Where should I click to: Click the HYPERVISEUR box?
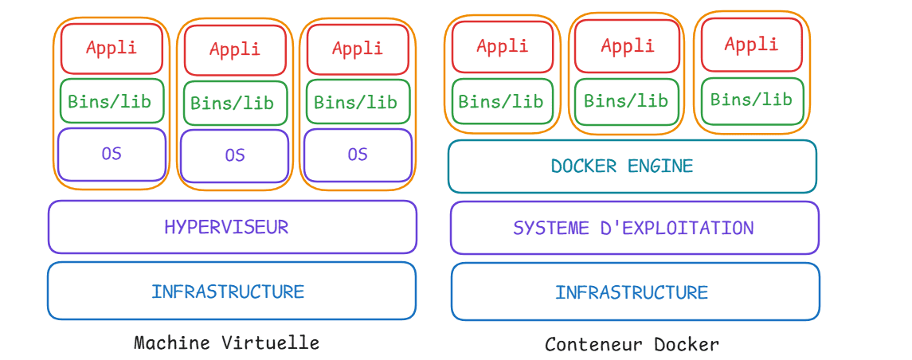[232, 227]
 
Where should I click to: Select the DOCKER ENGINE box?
[632, 166]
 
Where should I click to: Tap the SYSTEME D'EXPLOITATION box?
[634, 229]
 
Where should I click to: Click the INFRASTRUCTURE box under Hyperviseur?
[231, 292]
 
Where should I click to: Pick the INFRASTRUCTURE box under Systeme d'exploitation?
[634, 292]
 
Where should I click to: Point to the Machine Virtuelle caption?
[227, 343]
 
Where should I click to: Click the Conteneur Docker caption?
[632, 345]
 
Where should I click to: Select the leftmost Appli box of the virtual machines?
[112, 48]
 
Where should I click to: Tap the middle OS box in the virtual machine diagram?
[234, 155]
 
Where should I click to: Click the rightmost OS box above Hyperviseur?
[358, 155]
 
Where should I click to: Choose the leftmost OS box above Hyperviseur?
[112, 154]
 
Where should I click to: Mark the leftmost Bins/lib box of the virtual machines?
[112, 101]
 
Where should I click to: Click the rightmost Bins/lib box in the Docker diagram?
[752, 100]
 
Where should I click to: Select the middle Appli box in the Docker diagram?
[628, 47]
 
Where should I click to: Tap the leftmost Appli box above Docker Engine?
[502, 47]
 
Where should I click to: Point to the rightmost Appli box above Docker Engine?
[751, 45]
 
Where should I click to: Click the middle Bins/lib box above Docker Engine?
[627, 101]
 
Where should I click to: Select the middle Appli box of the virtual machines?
[235, 49]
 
